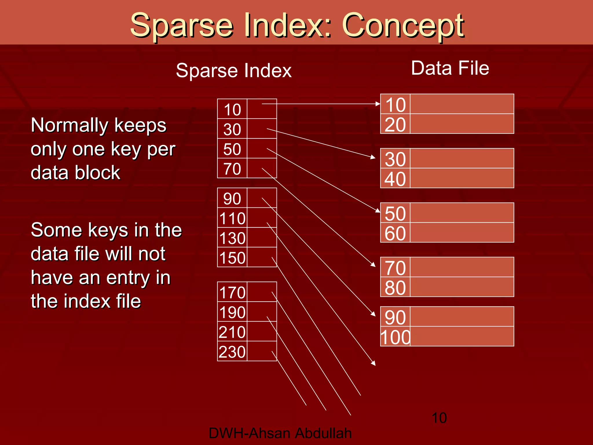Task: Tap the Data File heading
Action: pyautogui.click(x=450, y=68)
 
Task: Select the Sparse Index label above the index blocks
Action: pyautogui.click(x=234, y=71)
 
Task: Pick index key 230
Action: pyautogui.click(x=232, y=352)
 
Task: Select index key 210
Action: pyautogui.click(x=232, y=332)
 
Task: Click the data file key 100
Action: pyautogui.click(x=396, y=337)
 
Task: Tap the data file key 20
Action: pyautogui.click(x=396, y=125)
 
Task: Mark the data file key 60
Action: pyautogui.click(x=396, y=233)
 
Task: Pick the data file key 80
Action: pyautogui.click(x=396, y=288)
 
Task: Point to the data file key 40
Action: pyautogui.click(x=396, y=179)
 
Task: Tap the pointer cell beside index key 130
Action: pyautogui.click(x=262, y=238)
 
